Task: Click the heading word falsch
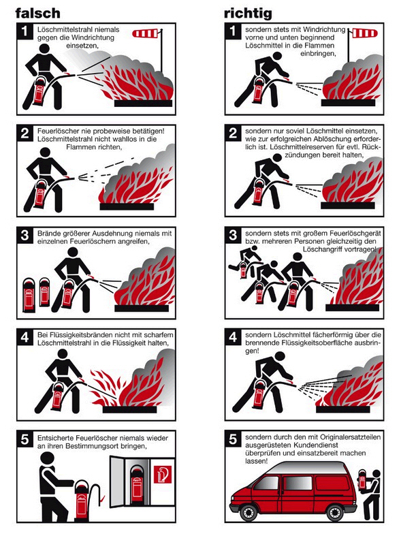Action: pos(37,14)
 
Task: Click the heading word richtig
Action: pos(248,14)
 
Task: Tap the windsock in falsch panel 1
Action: pos(145,33)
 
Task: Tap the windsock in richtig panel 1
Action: pos(365,33)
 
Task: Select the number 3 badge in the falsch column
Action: pos(25,236)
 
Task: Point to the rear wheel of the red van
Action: pos(334,513)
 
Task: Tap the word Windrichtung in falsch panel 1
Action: pos(93,37)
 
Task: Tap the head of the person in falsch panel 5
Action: pos(48,459)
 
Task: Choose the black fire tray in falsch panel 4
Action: pos(129,409)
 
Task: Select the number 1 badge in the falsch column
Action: pos(25,31)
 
